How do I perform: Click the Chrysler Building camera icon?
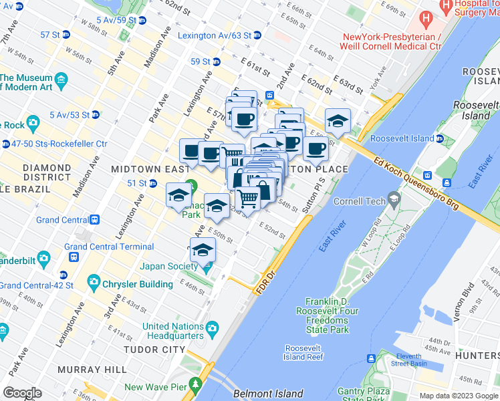(93, 283)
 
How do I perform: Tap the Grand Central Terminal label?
(109, 247)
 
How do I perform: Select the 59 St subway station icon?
(216, 61)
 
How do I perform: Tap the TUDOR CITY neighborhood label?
(154, 350)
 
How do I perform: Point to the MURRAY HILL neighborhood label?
(88, 370)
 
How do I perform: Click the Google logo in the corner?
(22, 393)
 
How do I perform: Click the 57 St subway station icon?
(66, 35)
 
